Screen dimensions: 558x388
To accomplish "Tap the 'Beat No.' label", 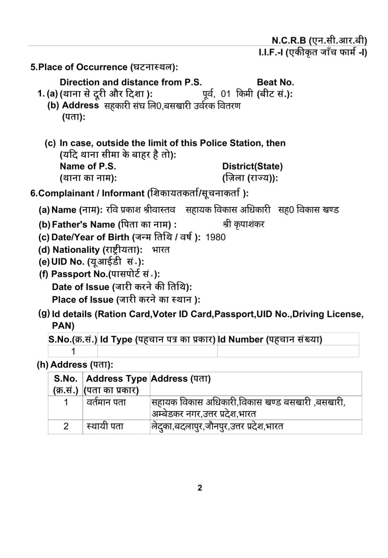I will tap(275, 82).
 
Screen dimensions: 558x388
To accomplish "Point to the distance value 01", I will tap(226, 94).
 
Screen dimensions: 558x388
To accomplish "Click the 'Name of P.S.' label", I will tap(88, 166).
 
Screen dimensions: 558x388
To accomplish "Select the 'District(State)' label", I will tap(252, 166).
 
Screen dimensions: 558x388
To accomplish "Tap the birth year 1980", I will tap(215, 237).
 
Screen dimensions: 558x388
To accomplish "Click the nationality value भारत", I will tap(161, 250).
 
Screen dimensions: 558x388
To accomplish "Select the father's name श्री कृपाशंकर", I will tap(243, 224).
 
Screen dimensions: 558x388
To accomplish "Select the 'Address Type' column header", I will tap(116, 379).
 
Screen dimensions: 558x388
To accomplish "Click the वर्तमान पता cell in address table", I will tap(106, 402).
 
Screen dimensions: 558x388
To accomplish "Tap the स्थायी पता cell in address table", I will tap(105, 426).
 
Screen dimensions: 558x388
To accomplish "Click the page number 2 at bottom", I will tap(200, 488).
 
